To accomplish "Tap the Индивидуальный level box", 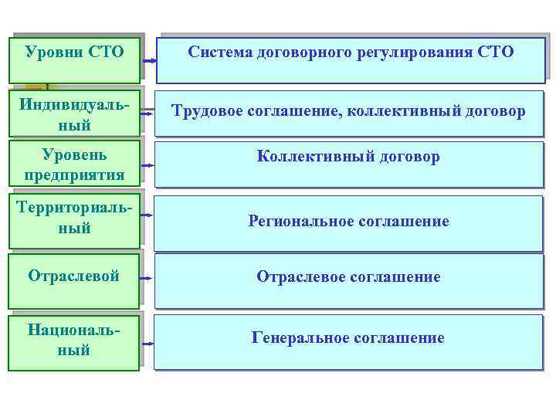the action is coord(74,114).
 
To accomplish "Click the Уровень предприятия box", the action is coord(74,163).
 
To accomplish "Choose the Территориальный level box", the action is coord(74,219).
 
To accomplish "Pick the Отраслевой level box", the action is coord(74,277).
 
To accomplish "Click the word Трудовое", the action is coord(206,112).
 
